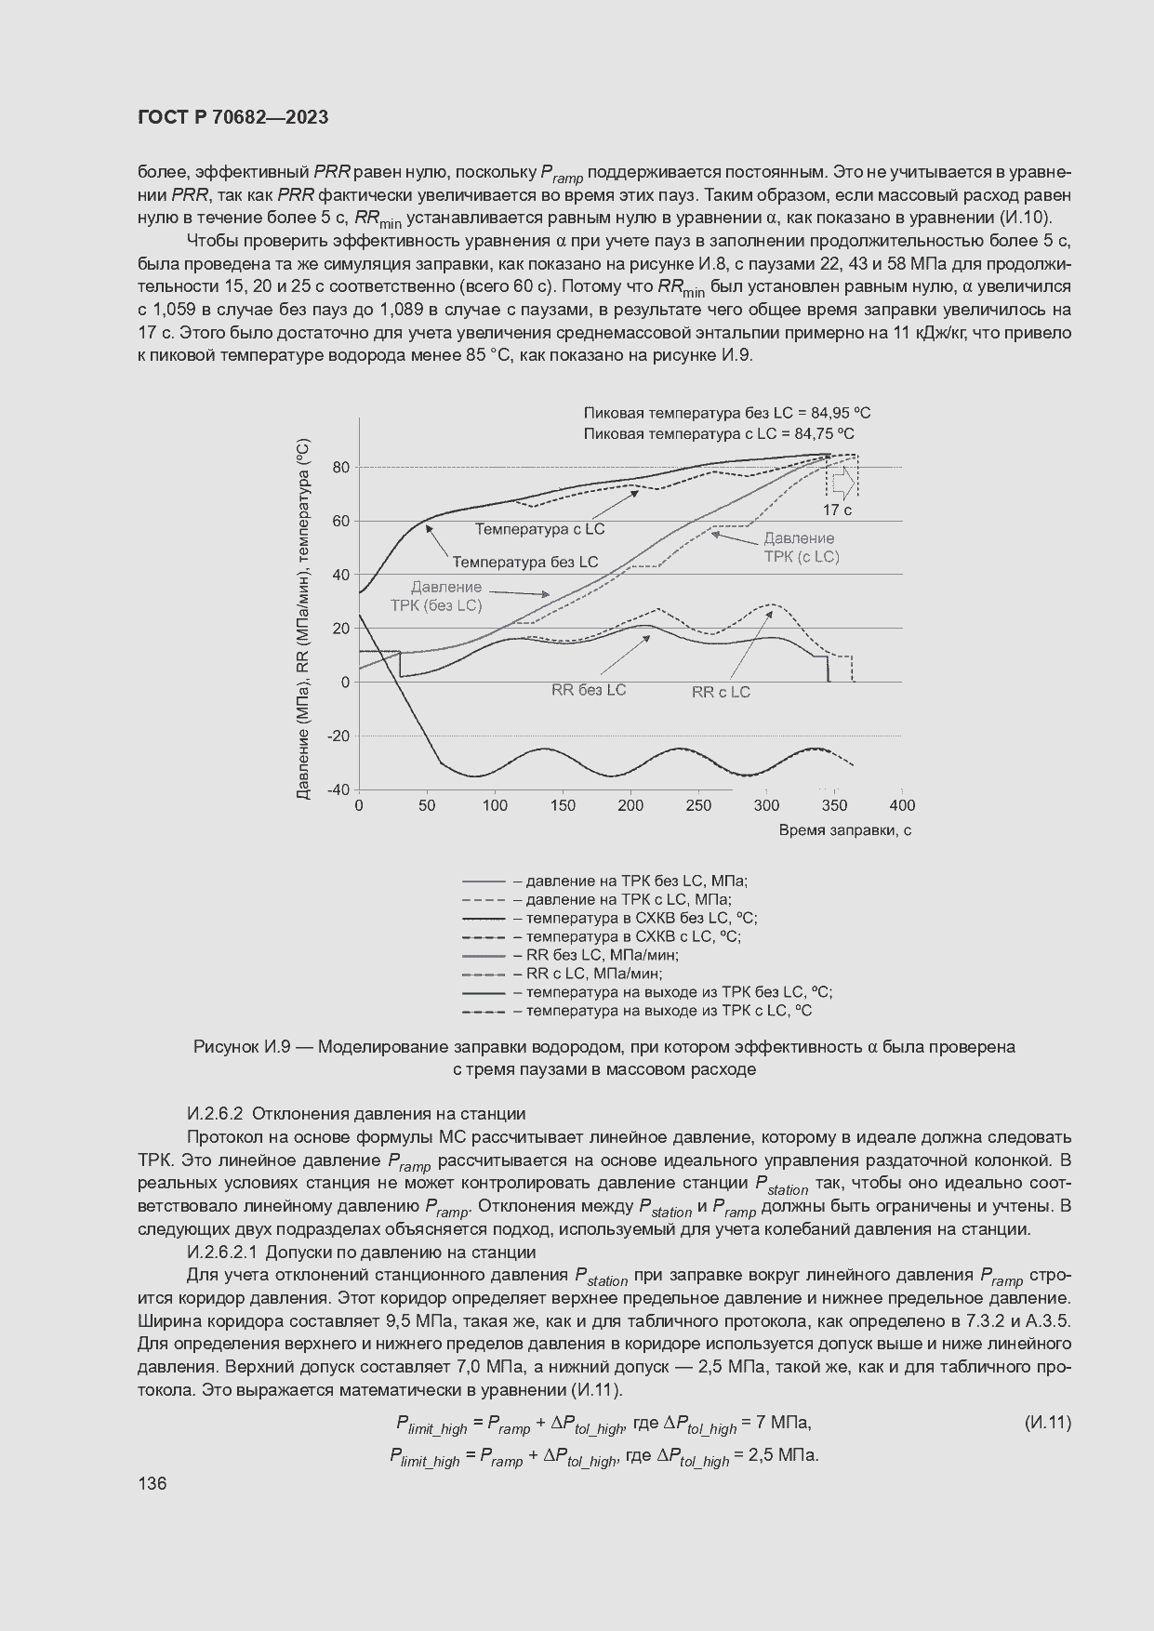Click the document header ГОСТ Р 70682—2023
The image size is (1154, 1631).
[x=232, y=117]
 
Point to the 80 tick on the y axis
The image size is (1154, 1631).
[x=341, y=467]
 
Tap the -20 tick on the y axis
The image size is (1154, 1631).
[x=337, y=736]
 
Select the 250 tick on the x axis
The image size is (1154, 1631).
[x=698, y=805]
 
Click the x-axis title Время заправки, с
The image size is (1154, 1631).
[x=844, y=830]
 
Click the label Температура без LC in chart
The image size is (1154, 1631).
[x=525, y=562]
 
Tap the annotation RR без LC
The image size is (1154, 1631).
[x=589, y=690]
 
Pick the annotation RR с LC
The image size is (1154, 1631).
[x=721, y=692]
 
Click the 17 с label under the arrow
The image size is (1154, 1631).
[x=837, y=510]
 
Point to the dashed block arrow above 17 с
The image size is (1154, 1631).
[x=842, y=481]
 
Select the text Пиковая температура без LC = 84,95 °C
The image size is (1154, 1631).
[x=727, y=413]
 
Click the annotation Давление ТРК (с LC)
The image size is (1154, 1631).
[x=800, y=548]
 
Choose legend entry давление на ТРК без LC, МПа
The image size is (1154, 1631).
[x=636, y=881]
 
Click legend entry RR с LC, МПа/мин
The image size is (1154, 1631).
[x=593, y=974]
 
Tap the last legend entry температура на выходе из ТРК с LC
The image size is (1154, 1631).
[x=669, y=1011]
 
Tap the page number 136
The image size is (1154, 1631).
[x=152, y=1483]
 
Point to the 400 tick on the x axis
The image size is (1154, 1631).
[x=902, y=805]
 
